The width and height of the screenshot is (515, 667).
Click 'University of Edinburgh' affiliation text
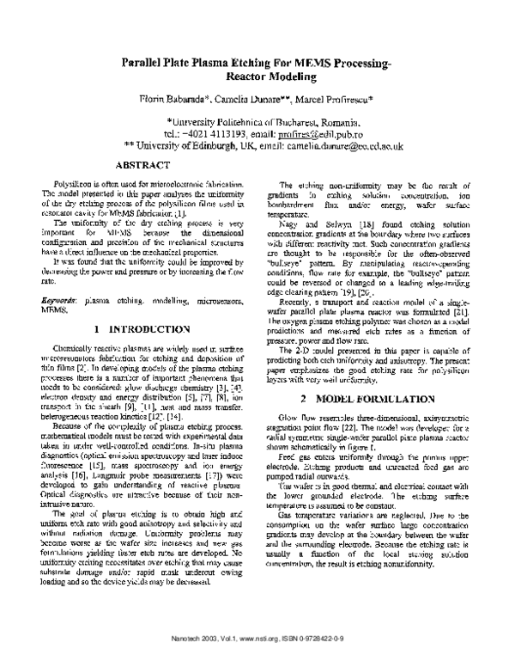196,147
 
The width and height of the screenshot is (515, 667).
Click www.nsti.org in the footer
266,652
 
